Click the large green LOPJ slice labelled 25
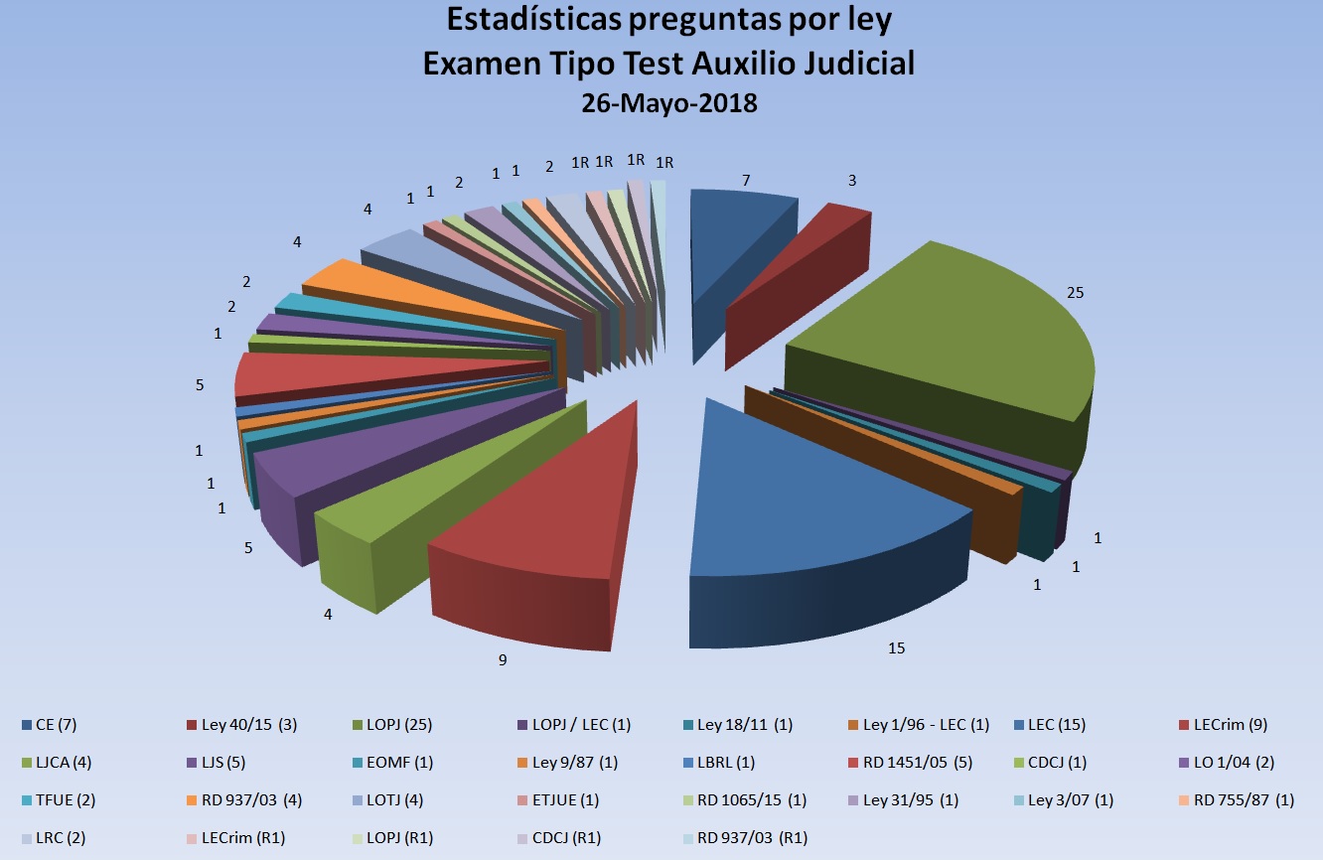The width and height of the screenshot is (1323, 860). (x=944, y=338)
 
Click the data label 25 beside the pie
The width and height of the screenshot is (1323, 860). (x=1075, y=293)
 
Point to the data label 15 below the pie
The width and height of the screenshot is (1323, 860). (x=897, y=648)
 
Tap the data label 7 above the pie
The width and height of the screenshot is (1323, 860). (x=745, y=180)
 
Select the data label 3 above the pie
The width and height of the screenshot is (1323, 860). (x=851, y=180)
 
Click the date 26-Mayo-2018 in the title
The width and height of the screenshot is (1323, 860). (x=669, y=102)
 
